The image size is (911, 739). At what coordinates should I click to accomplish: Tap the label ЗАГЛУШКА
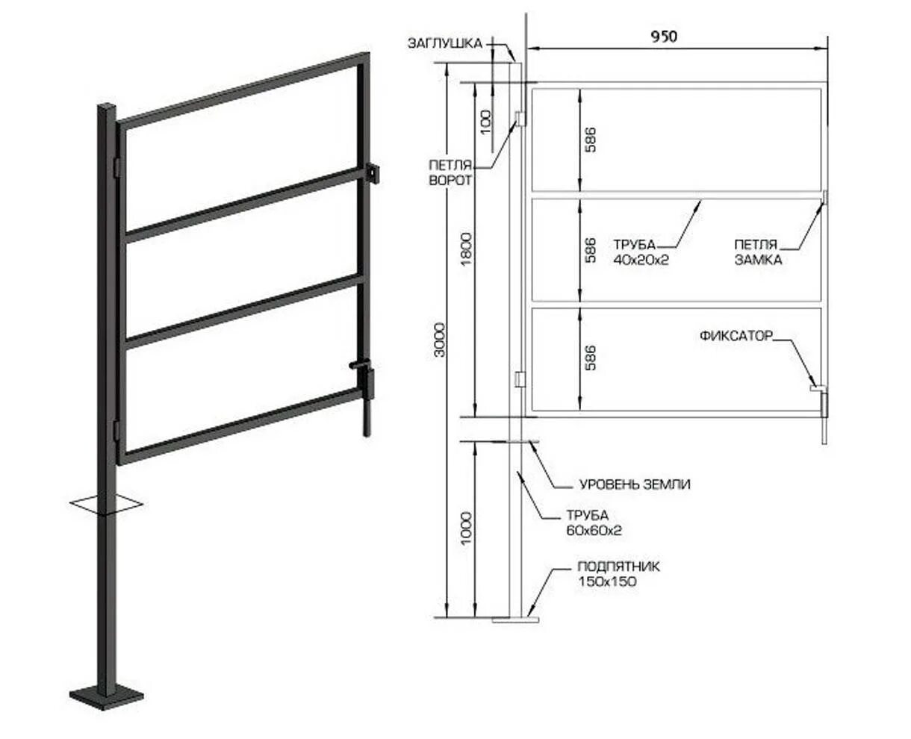point(444,43)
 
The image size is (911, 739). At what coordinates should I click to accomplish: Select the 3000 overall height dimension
point(440,340)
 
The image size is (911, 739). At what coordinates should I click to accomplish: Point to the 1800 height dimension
point(467,251)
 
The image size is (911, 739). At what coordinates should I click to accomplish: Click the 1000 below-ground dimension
point(467,528)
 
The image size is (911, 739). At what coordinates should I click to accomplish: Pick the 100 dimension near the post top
point(485,119)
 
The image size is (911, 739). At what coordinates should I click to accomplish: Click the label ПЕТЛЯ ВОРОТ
point(450,173)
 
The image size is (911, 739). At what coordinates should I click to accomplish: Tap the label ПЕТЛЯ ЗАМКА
point(757,252)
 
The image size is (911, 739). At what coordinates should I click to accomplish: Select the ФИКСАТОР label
point(736,336)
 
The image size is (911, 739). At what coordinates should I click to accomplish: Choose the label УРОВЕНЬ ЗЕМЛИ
point(635,484)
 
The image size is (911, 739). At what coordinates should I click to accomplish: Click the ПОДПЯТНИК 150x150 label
point(619,573)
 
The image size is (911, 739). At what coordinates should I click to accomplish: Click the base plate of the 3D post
point(107,696)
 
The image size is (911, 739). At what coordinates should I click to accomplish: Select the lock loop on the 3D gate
point(373,174)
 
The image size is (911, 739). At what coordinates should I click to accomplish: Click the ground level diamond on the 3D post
point(105,505)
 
